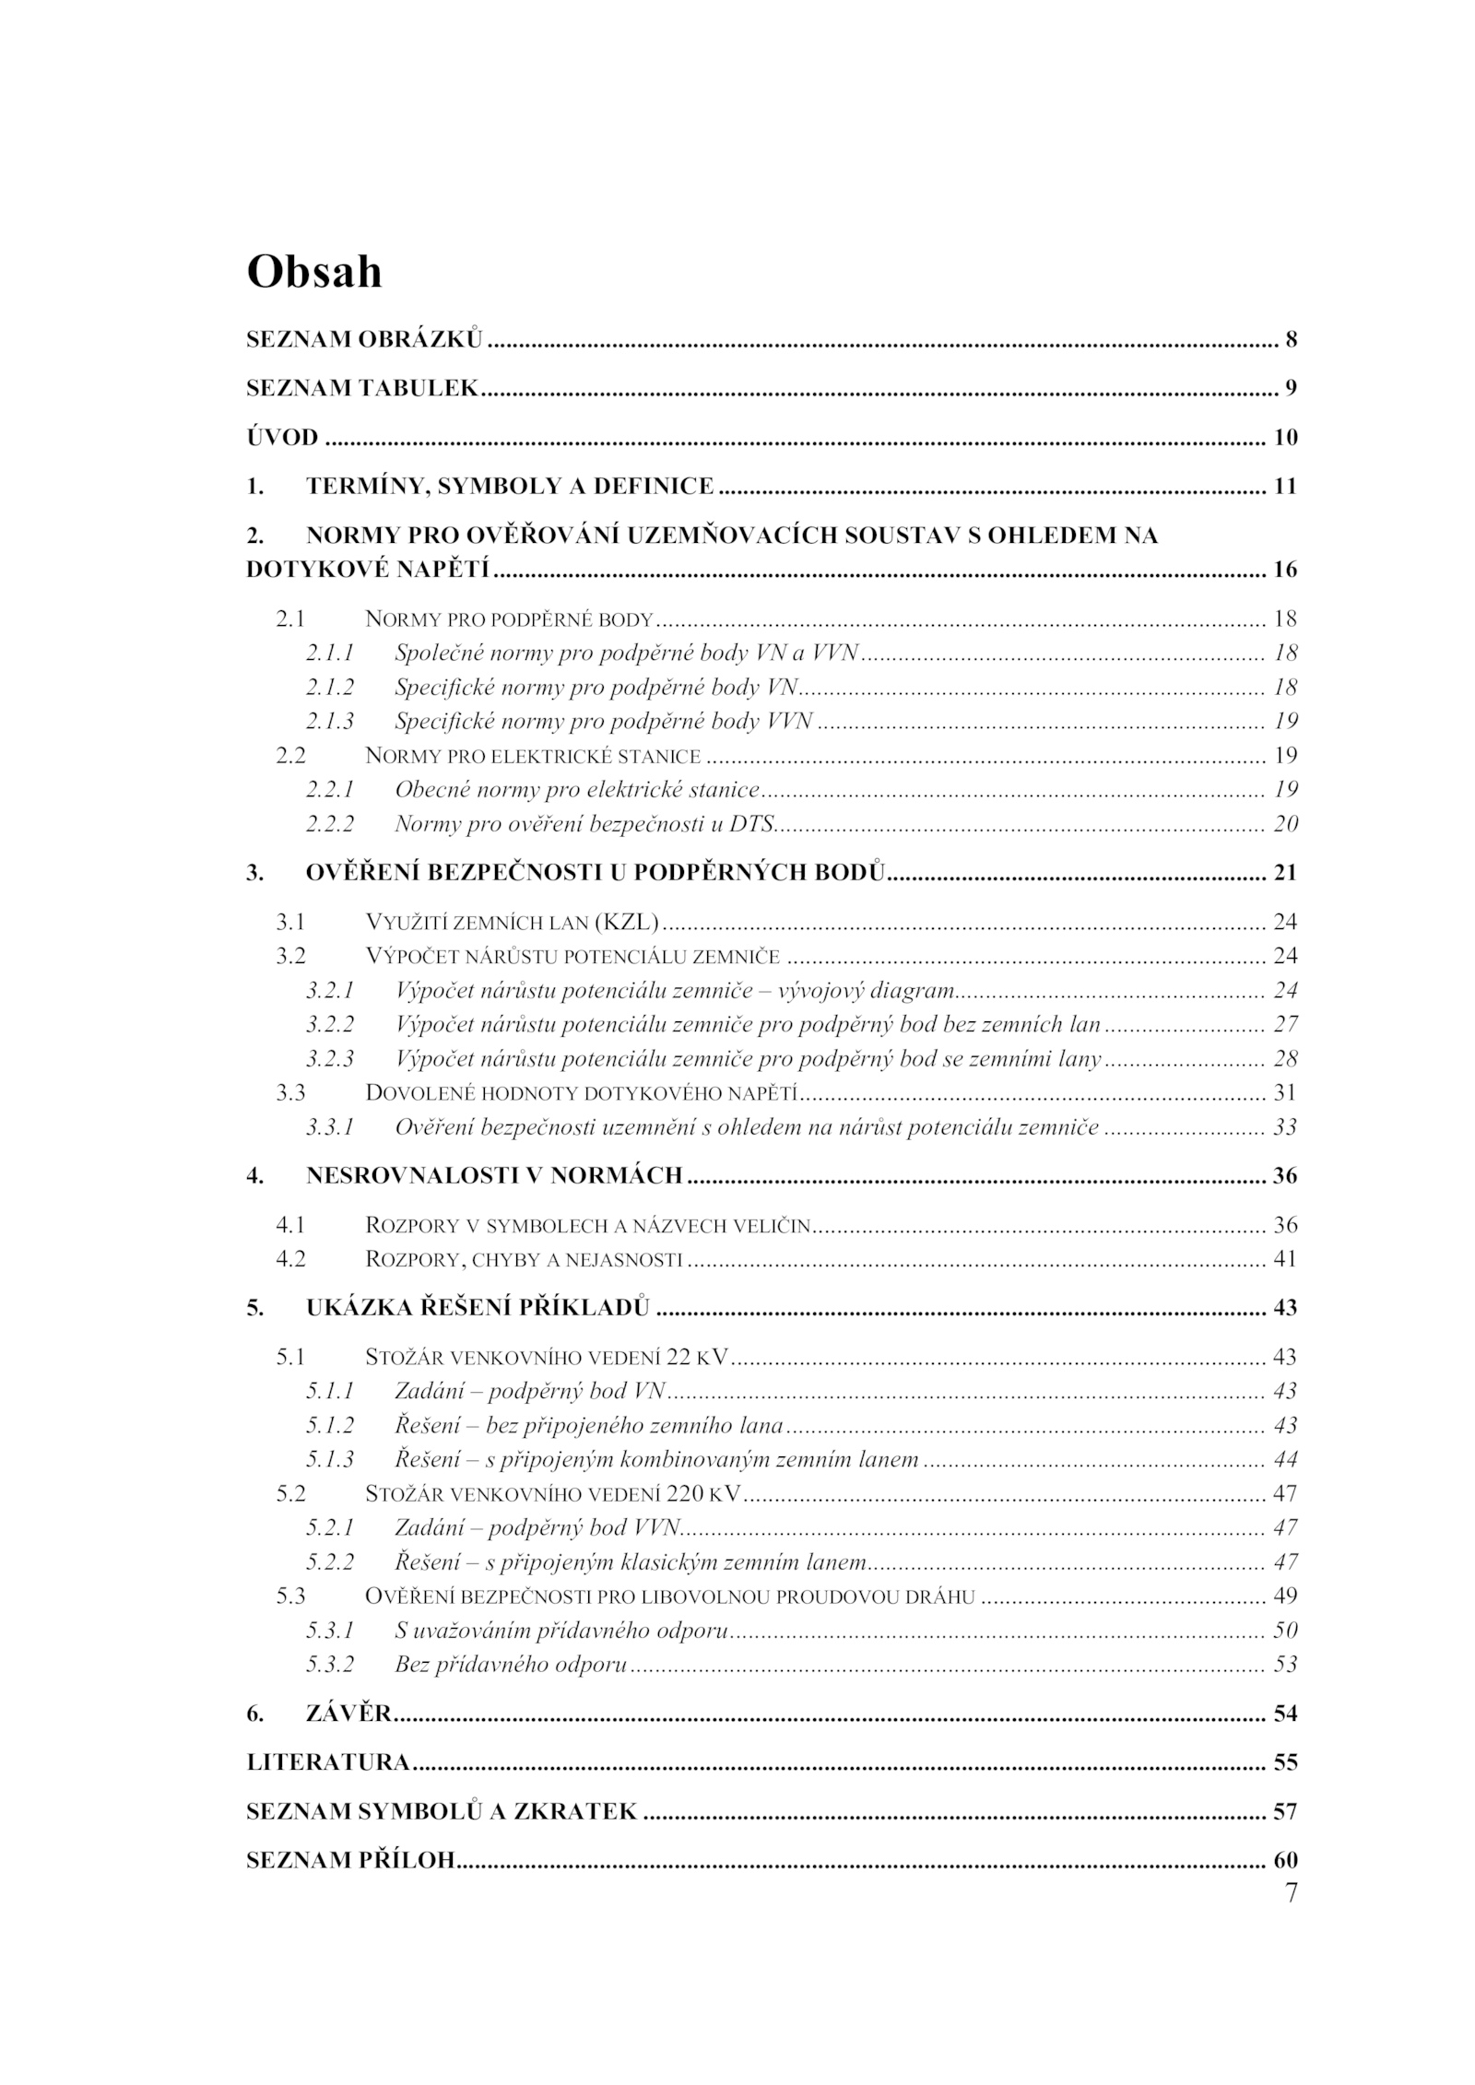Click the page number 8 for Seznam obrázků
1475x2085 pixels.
[1291, 339]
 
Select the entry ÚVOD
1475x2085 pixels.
[282, 437]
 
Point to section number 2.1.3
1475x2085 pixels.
[330, 721]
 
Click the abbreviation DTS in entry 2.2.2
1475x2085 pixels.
[750, 823]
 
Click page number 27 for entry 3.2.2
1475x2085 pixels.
[1285, 1024]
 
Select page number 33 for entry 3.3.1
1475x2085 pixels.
[1285, 1126]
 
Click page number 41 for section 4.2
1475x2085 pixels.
[1285, 1258]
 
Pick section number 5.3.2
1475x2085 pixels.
[330, 1664]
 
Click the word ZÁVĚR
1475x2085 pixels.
[348, 1714]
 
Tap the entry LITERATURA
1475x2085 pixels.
[327, 1762]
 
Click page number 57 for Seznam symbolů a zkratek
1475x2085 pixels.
[1285, 1811]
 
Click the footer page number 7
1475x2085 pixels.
[1291, 1893]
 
